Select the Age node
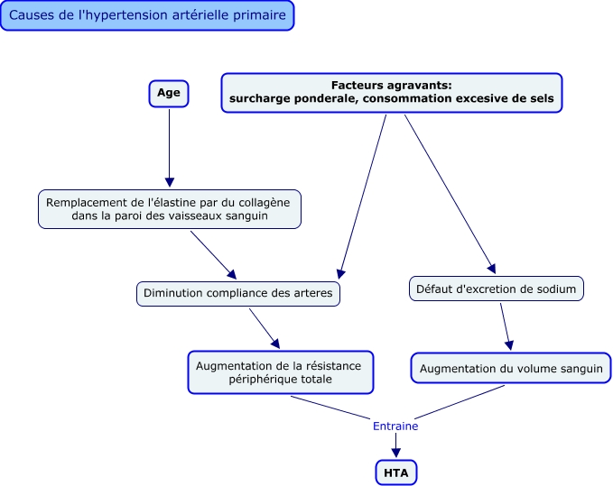click(169, 94)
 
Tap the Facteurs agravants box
click(391, 93)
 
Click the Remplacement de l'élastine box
click(169, 209)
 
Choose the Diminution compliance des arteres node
click(239, 293)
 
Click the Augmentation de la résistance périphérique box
click(279, 372)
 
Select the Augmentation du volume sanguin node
click(510, 368)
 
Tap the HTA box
click(396, 472)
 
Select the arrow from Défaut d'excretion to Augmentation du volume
click(506, 326)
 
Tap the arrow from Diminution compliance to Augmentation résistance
click(264, 327)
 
